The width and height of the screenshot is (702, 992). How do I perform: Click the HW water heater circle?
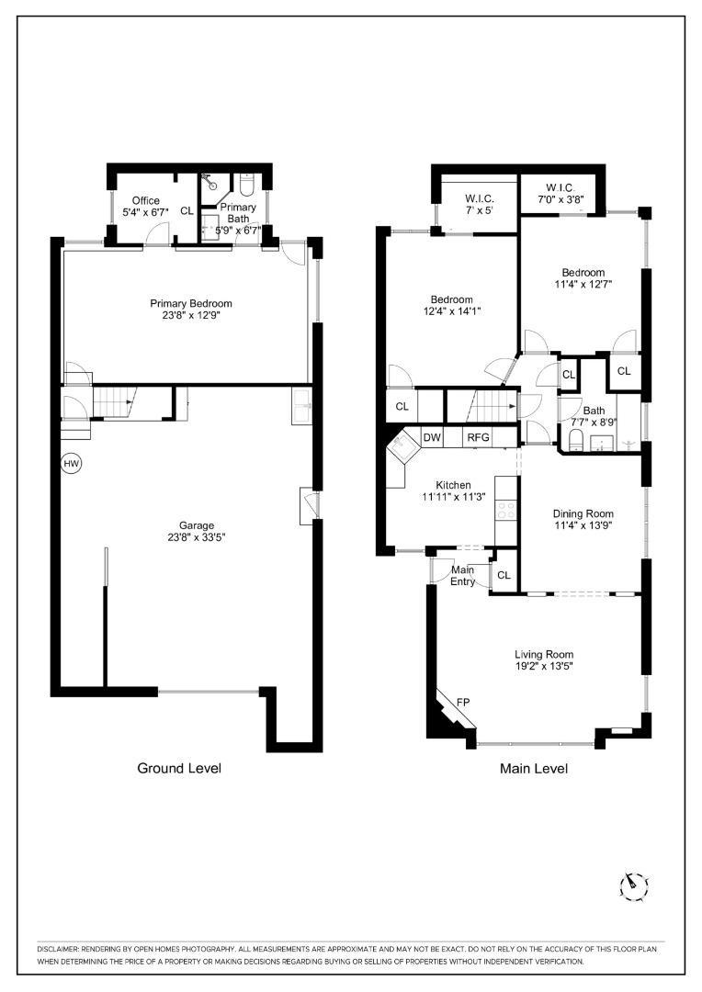pos(72,464)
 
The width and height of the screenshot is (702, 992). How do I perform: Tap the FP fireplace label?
pos(463,703)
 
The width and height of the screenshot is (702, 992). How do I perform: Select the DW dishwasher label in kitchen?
pos(432,437)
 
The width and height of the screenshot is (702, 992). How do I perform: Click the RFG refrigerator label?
pos(478,437)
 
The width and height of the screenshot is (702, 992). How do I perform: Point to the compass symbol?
pos(633,886)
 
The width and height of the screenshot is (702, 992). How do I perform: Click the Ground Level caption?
pos(179,768)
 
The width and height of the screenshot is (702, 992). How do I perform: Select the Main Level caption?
pos(534,768)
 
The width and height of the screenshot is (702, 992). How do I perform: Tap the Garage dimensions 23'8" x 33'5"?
pos(197,537)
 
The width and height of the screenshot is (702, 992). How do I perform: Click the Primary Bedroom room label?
pos(191,304)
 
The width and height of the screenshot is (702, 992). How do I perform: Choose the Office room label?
pos(145,200)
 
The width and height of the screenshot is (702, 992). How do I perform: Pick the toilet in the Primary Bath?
pos(247,185)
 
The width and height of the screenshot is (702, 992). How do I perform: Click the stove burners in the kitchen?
pos(505,511)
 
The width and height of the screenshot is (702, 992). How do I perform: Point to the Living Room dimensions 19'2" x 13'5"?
pos(544,666)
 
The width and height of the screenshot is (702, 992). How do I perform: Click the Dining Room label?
pos(583,513)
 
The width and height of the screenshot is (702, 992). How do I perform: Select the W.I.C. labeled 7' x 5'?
pos(480,204)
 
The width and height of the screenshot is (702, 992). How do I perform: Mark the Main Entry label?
pos(463,576)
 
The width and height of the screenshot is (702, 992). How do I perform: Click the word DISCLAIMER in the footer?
pos(57,949)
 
